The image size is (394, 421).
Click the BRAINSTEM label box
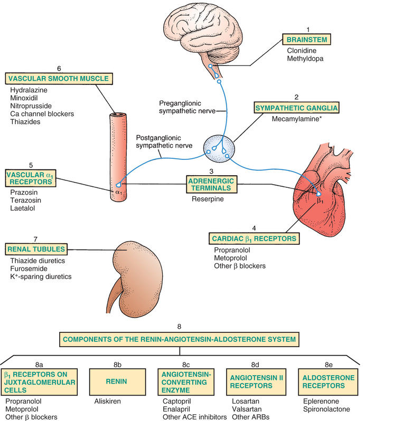coord(307,39)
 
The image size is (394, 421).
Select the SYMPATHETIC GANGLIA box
coord(296,108)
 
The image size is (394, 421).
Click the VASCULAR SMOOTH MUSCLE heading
coord(59,79)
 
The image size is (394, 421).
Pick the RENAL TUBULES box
coord(36,248)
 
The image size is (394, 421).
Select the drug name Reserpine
coord(209,199)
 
